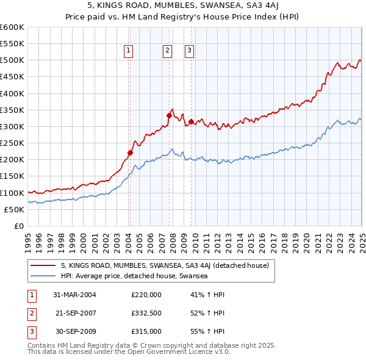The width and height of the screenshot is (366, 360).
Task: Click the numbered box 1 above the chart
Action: [x=129, y=51]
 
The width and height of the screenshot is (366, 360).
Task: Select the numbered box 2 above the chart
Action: [x=167, y=51]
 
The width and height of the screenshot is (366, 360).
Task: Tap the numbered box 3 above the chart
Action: [x=189, y=51]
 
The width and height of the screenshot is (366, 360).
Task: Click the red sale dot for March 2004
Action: [x=130, y=153]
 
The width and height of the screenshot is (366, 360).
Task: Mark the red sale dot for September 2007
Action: [x=169, y=115]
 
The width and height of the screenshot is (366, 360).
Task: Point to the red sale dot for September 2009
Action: [x=192, y=121]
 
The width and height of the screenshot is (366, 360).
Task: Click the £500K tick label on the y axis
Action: [x=12, y=60]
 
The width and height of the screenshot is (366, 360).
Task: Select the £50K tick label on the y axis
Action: [x=15, y=209]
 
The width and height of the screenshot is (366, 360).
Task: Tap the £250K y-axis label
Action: [x=12, y=143]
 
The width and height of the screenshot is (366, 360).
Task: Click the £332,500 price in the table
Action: [x=146, y=313]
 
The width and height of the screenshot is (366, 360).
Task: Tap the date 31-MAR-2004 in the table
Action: [x=75, y=295]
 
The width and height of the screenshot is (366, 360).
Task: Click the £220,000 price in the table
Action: [x=146, y=295]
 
